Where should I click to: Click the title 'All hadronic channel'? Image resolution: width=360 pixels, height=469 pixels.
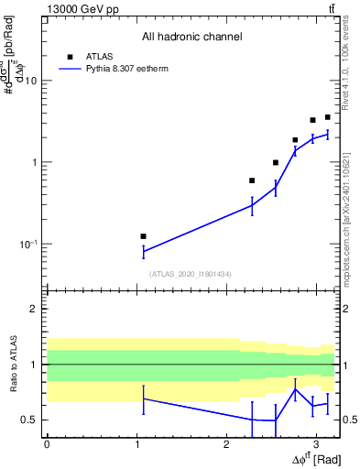(x=191, y=38)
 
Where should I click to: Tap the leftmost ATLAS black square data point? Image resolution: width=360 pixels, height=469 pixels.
(x=143, y=236)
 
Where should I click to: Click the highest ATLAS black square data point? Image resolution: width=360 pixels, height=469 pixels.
(x=327, y=117)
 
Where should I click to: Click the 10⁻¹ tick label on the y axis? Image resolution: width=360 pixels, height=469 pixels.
(x=27, y=244)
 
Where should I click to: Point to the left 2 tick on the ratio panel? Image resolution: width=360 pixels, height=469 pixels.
(x=38, y=309)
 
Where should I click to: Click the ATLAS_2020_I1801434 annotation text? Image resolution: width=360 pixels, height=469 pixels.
(x=191, y=274)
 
